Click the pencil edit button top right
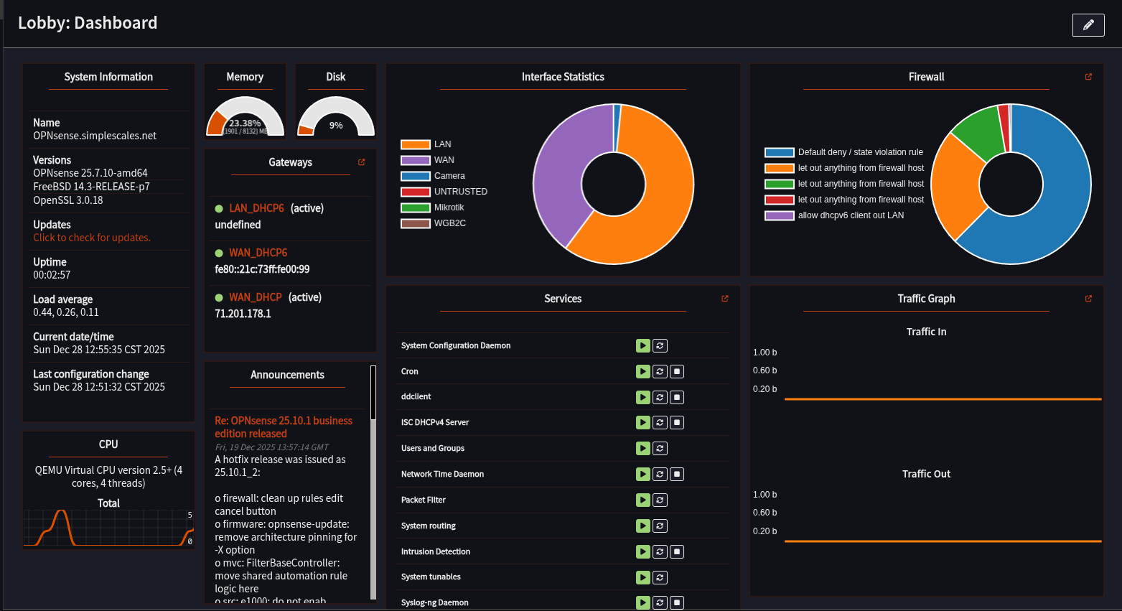click(1088, 25)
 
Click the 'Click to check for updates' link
click(92, 238)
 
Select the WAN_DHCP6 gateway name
click(258, 253)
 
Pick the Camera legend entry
click(449, 176)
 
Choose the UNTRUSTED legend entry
click(460, 192)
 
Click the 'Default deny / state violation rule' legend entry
click(860, 152)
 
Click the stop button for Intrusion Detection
click(677, 551)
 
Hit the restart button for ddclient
click(660, 397)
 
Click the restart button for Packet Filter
click(660, 500)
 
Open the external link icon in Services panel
click(725, 299)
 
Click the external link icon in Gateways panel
click(362, 162)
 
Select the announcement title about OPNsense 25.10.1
click(284, 426)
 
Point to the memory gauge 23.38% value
click(245, 123)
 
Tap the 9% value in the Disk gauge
click(336, 126)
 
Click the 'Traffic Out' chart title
click(926, 474)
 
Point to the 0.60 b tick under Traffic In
click(765, 370)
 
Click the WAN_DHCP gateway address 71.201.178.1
click(243, 314)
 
